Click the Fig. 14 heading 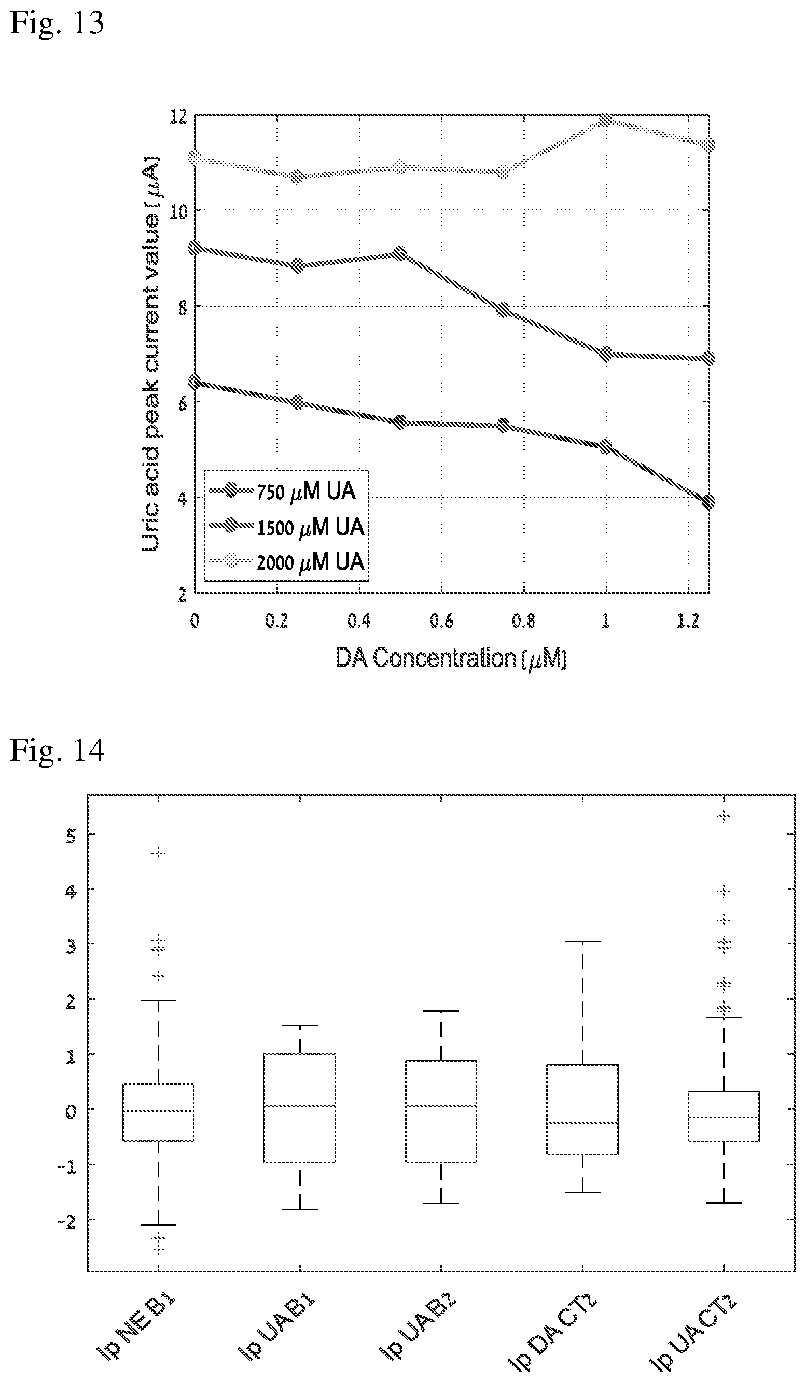(x=57, y=750)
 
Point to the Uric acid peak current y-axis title (x=150, y=353)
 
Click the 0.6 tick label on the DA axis (x=441, y=620)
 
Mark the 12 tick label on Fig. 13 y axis (x=178, y=116)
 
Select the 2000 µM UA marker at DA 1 (x=606, y=120)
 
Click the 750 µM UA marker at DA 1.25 (x=708, y=501)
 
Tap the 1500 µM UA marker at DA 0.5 (x=400, y=253)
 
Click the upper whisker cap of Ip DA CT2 (x=582, y=941)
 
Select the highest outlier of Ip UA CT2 (x=724, y=816)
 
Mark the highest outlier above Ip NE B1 (x=158, y=853)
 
